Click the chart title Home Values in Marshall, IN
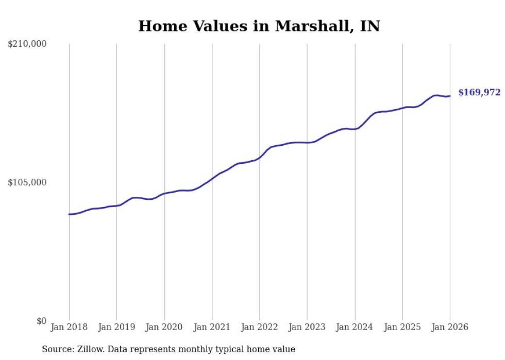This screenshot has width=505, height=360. pos(259,26)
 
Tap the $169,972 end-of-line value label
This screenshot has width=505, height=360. pos(479,92)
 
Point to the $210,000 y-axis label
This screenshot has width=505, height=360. pos(27,44)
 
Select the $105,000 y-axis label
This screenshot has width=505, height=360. pos(27,182)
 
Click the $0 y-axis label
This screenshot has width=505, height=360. pos(41,321)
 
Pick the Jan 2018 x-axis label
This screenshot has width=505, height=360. pos(69,327)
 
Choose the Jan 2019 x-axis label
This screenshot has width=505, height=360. pos(116,327)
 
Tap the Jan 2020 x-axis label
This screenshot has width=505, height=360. pos(164,327)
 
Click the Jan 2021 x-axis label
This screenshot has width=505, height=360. pos(212,327)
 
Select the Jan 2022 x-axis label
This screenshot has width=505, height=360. pos(260,327)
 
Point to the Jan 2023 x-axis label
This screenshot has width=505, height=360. pos(307,327)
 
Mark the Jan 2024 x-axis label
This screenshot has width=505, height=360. pos(355,327)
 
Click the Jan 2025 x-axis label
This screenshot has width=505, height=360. pos(402,327)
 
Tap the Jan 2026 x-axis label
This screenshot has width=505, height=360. pos(450,327)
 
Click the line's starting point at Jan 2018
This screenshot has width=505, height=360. pos(69,214)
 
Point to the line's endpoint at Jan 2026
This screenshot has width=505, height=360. pos(450,96)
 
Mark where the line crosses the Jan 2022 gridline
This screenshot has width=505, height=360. pos(260,157)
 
